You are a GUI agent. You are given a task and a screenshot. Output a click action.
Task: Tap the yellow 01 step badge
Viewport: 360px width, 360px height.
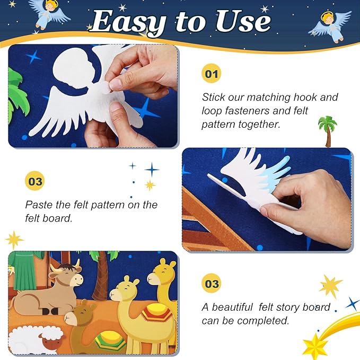point(211,74)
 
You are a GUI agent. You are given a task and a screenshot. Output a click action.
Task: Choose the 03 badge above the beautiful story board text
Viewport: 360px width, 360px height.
point(211,284)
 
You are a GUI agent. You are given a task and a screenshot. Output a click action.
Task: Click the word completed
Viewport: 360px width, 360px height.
point(265,321)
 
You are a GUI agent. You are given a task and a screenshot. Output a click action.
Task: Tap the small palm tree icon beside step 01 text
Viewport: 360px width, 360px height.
point(327,130)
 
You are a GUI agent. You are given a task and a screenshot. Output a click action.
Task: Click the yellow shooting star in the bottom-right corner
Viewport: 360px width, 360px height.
point(316,344)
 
